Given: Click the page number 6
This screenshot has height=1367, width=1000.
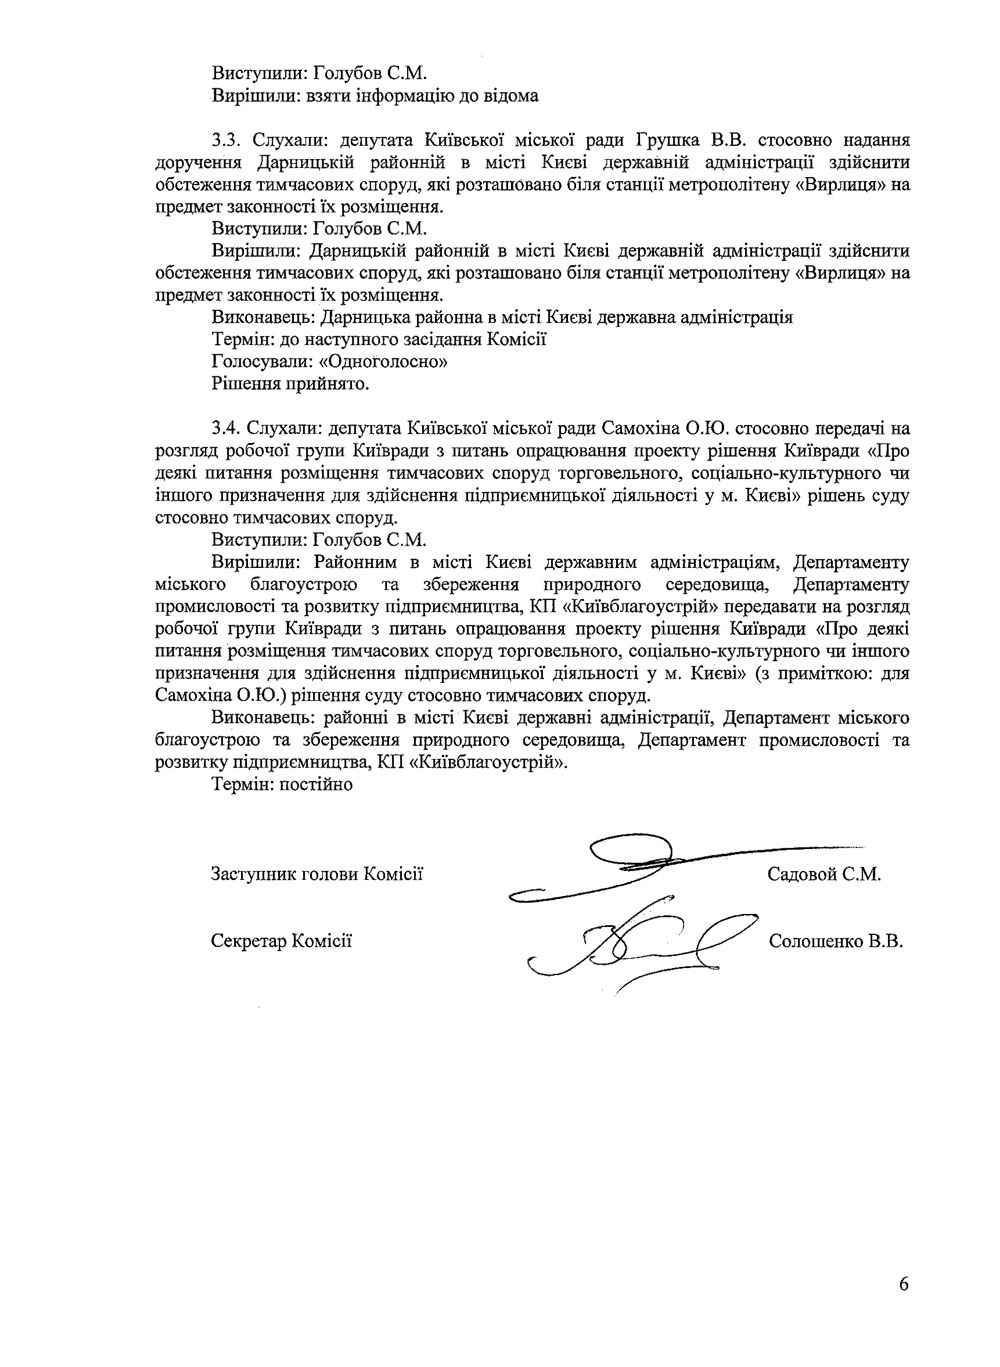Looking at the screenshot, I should click(904, 1285).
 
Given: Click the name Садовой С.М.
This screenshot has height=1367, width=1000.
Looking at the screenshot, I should click(823, 875).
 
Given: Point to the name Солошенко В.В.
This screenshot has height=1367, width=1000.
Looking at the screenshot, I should click(836, 941).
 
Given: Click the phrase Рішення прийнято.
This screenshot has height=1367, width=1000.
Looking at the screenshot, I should click(291, 384).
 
